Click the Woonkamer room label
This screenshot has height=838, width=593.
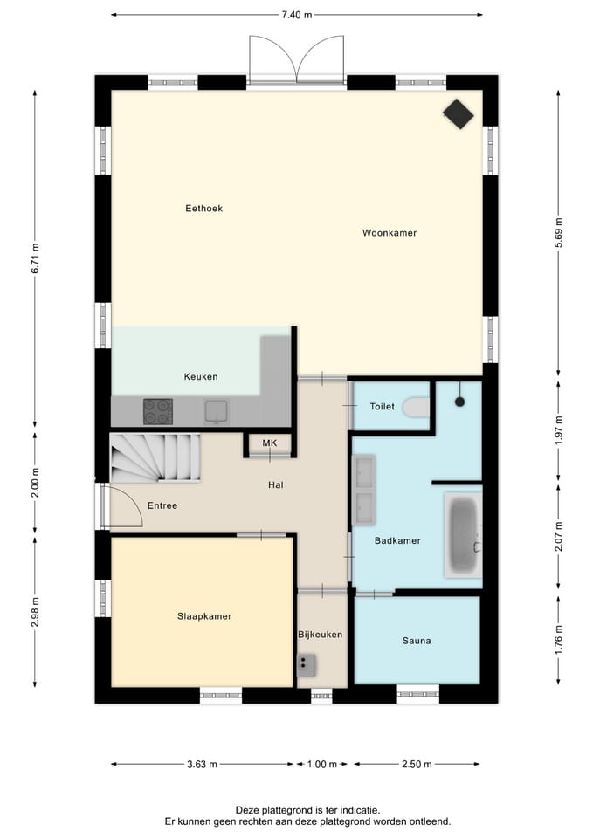tap(390, 233)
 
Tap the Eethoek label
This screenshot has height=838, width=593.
tap(203, 209)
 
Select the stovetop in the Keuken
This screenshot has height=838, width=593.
tap(158, 411)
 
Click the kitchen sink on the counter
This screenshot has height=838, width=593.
tap(216, 412)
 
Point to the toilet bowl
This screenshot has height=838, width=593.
tap(417, 407)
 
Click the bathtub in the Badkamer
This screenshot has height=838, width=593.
tap(463, 535)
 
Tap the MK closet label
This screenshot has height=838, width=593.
tap(270, 443)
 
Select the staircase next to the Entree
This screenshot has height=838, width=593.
tap(155, 457)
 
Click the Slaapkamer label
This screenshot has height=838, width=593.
tap(204, 616)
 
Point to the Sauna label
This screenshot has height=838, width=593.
tap(417, 641)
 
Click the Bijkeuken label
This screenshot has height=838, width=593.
tap(321, 635)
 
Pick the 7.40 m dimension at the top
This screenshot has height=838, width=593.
tap(297, 15)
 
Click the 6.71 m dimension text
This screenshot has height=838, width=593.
tap(35, 258)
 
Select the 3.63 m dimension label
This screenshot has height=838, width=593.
tap(202, 765)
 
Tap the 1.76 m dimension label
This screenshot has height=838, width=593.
tap(558, 639)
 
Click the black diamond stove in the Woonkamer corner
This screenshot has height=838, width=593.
tap(459, 113)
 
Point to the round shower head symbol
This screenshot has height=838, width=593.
tap(460, 402)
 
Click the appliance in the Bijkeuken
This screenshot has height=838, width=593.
tap(306, 665)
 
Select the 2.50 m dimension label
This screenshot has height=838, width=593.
tap(417, 765)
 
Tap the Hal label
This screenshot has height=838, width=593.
tap(276, 485)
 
